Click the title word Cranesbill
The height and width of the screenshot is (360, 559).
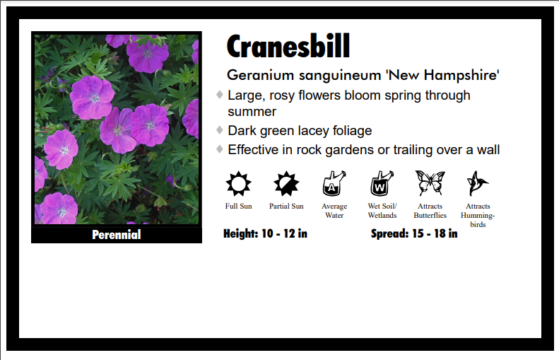pyautogui.click(x=288, y=47)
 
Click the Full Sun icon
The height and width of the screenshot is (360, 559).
pyautogui.click(x=238, y=184)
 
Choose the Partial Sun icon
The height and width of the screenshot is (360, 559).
pyautogui.click(x=286, y=184)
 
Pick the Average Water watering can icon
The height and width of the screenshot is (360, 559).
pyautogui.click(x=334, y=184)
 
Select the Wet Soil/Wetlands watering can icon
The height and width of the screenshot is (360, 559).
pyautogui.click(x=382, y=184)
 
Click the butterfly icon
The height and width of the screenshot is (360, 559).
pyautogui.click(x=430, y=183)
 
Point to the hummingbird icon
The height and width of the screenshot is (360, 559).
pyautogui.click(x=477, y=184)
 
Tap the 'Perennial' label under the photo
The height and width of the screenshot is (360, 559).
pyautogui.click(x=117, y=235)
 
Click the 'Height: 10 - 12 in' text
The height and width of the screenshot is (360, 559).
pyautogui.click(x=265, y=233)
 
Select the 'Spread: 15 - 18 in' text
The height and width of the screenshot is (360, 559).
pyautogui.click(x=413, y=233)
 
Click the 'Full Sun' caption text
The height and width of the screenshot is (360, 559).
pyautogui.click(x=238, y=207)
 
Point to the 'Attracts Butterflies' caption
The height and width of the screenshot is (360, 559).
pyautogui.click(x=430, y=211)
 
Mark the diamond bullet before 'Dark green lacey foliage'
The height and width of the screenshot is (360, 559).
pyautogui.click(x=220, y=130)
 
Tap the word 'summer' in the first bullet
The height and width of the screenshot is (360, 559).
pyautogui.click(x=252, y=112)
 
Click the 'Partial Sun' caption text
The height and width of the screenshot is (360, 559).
pyautogui.click(x=286, y=207)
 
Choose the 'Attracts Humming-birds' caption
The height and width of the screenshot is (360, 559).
pyautogui.click(x=478, y=215)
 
